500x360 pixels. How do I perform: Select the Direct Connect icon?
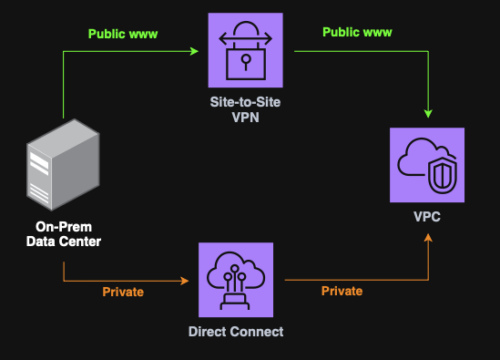click(x=236, y=279)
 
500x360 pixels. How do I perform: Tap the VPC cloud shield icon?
click(x=427, y=165)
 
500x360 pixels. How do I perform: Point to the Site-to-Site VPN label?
click(x=245, y=109)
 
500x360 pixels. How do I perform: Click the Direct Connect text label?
click(x=236, y=332)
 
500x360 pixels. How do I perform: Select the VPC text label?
click(x=427, y=220)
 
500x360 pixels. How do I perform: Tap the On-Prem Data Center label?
click(x=63, y=234)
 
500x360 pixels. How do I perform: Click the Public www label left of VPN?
click(x=122, y=35)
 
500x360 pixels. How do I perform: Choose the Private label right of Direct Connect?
click(x=342, y=292)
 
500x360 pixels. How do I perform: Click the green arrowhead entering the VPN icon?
click(x=194, y=52)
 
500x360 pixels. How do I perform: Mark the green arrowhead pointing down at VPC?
click(x=427, y=115)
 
